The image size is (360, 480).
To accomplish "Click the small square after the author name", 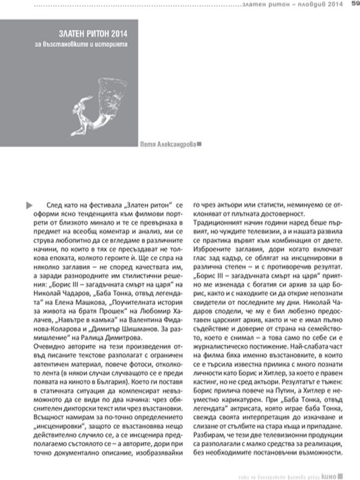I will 199,143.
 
